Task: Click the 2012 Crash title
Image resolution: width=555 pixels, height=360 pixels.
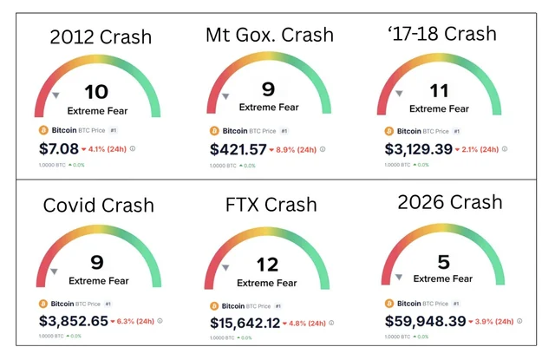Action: (101, 37)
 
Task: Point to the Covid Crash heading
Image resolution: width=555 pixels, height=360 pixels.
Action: (98, 206)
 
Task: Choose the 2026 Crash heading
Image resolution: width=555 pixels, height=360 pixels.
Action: (449, 202)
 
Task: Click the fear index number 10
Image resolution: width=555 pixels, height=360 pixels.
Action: (96, 93)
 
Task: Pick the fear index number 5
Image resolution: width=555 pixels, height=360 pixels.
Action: (443, 260)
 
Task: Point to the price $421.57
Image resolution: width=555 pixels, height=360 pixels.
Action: (238, 149)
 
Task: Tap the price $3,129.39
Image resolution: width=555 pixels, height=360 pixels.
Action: (418, 149)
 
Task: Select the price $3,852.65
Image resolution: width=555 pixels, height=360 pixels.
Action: (74, 320)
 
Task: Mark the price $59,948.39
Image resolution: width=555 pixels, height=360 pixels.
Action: (424, 320)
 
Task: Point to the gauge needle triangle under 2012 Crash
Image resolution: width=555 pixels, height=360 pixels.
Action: (55, 95)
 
